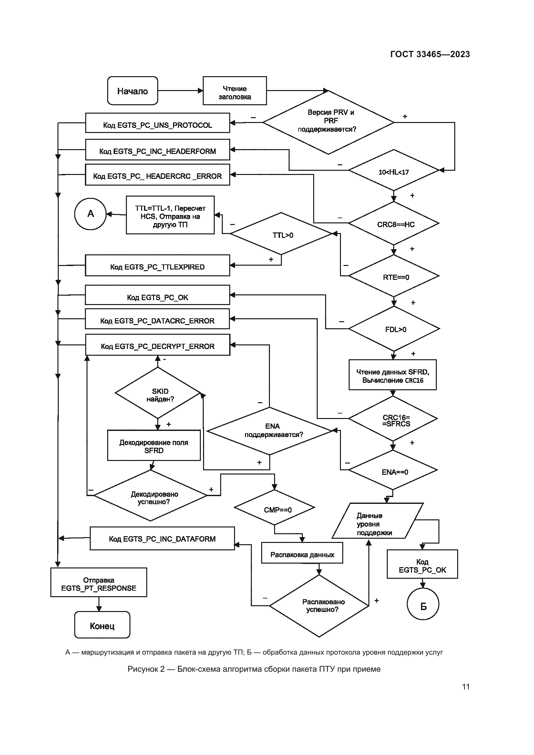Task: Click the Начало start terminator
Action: (x=132, y=91)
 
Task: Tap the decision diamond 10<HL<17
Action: (x=393, y=170)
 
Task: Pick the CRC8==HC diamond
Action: (x=394, y=223)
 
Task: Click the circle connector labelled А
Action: (x=90, y=214)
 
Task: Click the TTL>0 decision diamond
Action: (x=281, y=234)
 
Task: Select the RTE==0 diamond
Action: (x=394, y=276)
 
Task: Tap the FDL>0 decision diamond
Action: (x=394, y=329)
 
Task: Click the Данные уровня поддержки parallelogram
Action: (x=377, y=521)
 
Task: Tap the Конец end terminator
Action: (x=102, y=625)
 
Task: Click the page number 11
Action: (x=466, y=687)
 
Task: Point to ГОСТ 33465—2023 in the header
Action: (x=430, y=54)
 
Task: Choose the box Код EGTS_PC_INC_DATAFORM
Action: (x=162, y=538)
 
